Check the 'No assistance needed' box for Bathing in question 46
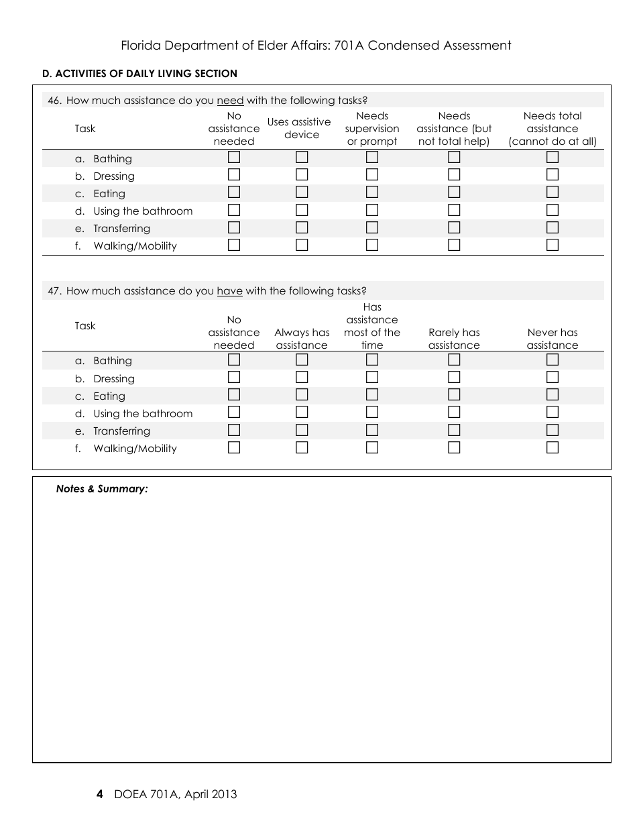pyautogui.click(x=234, y=158)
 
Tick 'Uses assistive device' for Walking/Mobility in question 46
pyautogui.click(x=302, y=245)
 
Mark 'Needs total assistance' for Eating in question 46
pyautogui.click(x=552, y=192)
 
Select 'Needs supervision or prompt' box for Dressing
pyautogui.click(x=372, y=175)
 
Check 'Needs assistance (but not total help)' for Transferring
pyautogui.click(x=454, y=227)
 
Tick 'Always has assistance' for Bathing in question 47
pyautogui.click(x=302, y=360)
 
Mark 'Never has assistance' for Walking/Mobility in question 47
pyautogui.click(x=552, y=447)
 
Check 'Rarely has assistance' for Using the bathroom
pyautogui.click(x=454, y=412)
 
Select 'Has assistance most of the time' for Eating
pyautogui.click(x=372, y=395)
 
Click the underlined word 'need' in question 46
pyautogui.click(x=230, y=101)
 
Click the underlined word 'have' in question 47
pyautogui.click(x=229, y=291)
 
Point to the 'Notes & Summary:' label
pyautogui.click(x=102, y=489)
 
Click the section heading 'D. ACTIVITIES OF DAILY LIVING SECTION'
pyautogui.click(x=139, y=74)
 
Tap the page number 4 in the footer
pyautogui.click(x=100, y=795)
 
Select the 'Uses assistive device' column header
pyautogui.click(x=299, y=128)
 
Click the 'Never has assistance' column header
pyautogui.click(x=552, y=339)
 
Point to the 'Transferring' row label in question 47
pyautogui.click(x=121, y=431)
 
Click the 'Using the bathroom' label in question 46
pyautogui.click(x=143, y=211)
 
